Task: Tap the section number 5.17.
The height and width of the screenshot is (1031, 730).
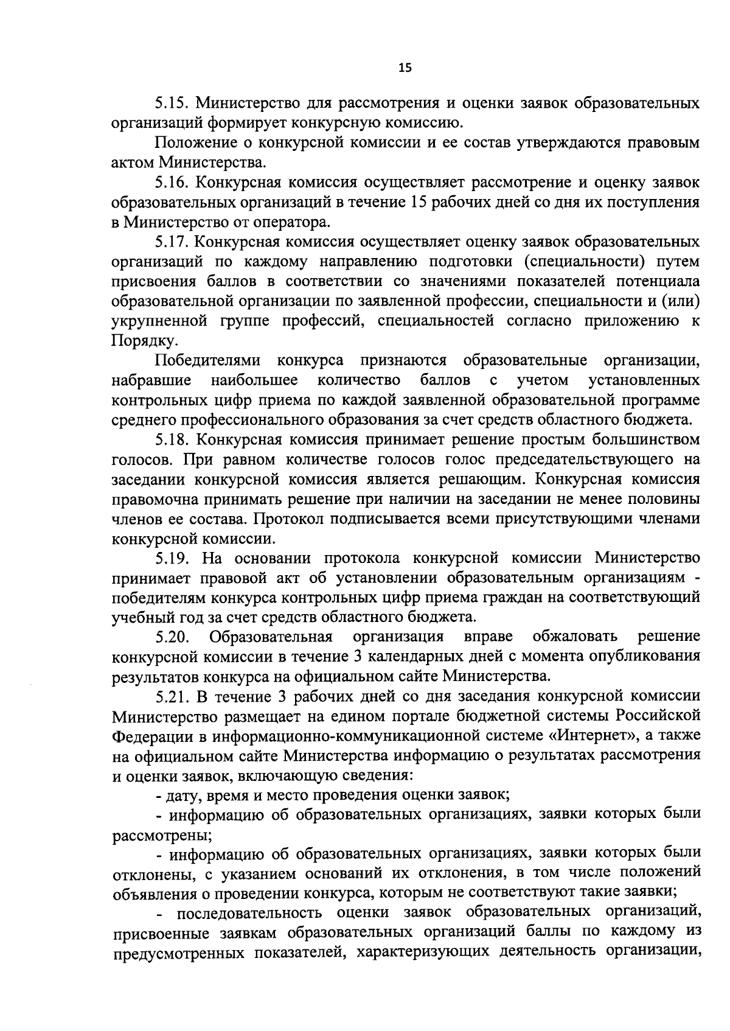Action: click(x=172, y=242)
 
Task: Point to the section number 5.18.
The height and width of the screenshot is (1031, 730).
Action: click(x=172, y=439)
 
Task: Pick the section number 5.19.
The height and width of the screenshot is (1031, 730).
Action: click(x=172, y=557)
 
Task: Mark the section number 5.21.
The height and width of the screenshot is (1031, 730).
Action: click(x=172, y=696)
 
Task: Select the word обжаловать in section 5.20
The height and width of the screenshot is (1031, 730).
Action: click(x=575, y=637)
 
